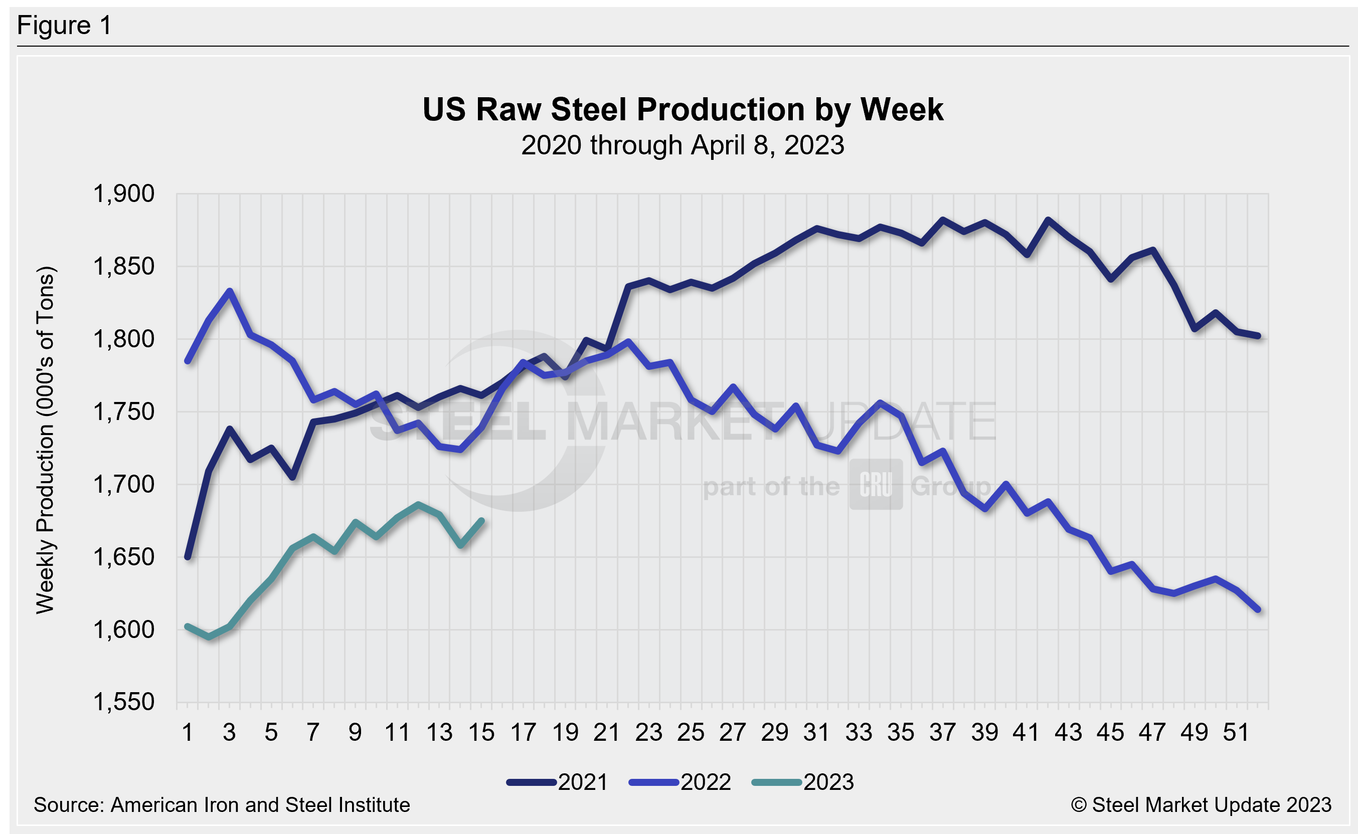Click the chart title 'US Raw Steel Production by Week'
coord(683,109)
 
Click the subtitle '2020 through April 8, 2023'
coord(683,145)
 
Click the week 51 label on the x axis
coord(1236,733)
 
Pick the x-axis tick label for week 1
coord(188,733)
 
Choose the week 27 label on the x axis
coord(732,733)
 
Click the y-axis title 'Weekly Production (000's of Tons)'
coord(45,440)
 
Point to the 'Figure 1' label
coord(64,26)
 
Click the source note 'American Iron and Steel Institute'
coord(260,805)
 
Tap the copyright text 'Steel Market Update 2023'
coord(1211,805)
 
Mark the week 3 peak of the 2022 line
coord(230,291)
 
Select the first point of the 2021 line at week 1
coord(188,557)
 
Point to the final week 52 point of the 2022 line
coord(1258,610)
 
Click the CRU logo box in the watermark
coord(876,484)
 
